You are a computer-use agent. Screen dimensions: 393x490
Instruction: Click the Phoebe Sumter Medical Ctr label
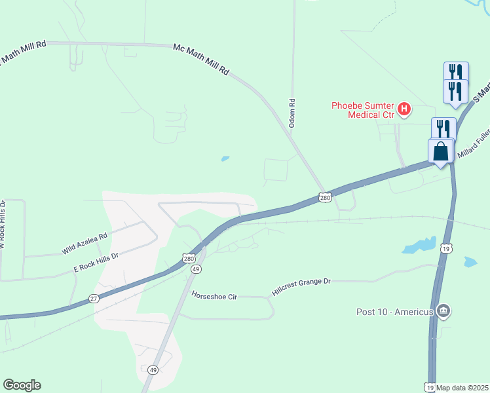point(363,109)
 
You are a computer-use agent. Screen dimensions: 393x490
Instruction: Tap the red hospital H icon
point(404,109)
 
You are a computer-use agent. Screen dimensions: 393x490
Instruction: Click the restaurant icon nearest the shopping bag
point(443,129)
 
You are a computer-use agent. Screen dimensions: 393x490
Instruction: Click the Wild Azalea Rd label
point(85,244)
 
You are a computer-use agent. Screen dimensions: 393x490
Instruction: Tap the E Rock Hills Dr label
point(96,263)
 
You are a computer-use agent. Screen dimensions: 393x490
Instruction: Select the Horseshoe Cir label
point(214,296)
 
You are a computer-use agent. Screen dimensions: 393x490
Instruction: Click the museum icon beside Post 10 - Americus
point(443,310)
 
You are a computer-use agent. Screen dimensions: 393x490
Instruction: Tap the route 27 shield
point(93,299)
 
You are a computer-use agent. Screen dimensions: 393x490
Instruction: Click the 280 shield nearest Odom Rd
point(326,196)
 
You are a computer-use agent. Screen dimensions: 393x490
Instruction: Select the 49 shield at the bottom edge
point(153,370)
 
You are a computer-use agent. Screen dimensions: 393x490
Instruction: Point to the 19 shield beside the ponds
point(445,248)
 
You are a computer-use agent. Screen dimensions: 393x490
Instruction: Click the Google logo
point(22,385)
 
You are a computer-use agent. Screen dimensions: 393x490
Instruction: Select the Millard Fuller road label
point(474,143)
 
